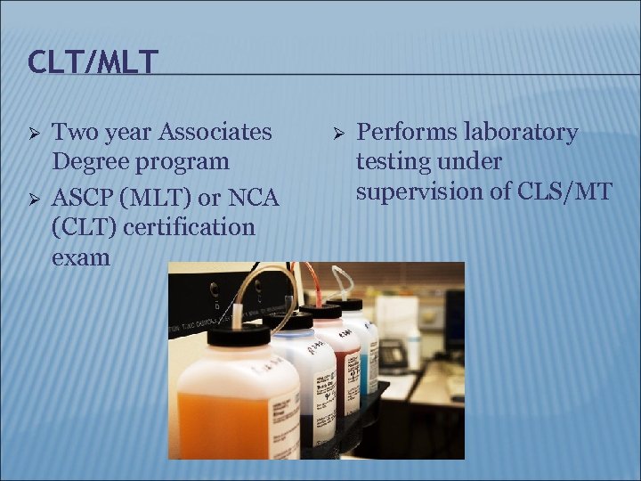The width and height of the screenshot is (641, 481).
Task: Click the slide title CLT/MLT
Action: [93, 61]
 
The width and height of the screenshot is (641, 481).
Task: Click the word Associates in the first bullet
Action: [215, 132]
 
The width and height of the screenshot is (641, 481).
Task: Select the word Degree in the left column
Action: [90, 162]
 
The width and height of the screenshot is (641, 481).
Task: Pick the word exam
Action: [81, 257]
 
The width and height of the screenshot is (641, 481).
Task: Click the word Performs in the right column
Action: [406, 133]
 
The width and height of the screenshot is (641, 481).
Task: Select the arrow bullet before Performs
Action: [339, 133]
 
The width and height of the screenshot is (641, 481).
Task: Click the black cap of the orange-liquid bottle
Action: [237, 335]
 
